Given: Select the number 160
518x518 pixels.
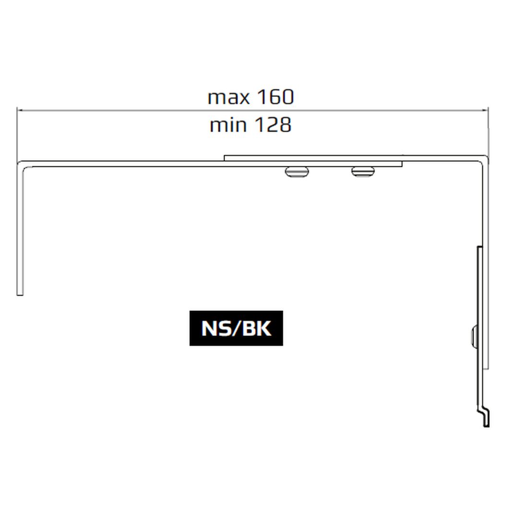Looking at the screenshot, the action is (x=275, y=97).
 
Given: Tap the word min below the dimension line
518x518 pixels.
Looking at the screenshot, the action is (x=228, y=125).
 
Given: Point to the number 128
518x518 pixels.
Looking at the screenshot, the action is (x=273, y=125).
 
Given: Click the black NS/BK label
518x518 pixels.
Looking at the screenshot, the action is (x=236, y=328).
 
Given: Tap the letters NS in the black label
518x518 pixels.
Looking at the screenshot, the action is (x=215, y=329).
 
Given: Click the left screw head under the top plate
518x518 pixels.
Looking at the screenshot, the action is (x=297, y=172).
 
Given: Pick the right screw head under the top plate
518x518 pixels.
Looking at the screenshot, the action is (x=363, y=172).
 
